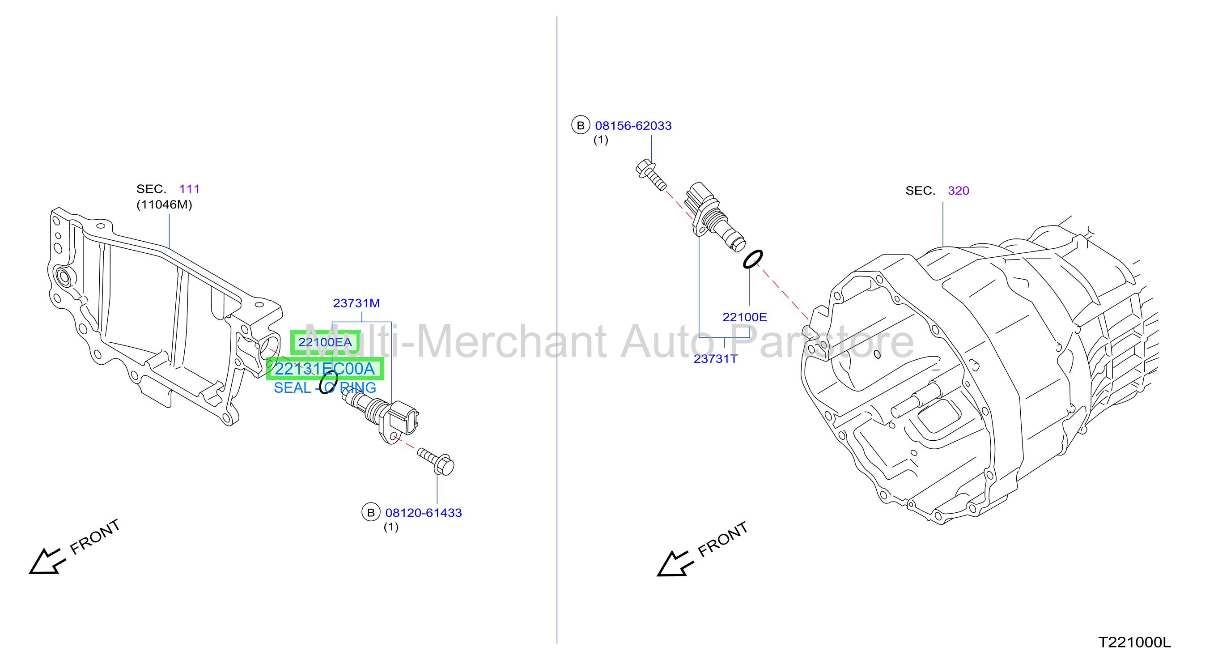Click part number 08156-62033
point(633,126)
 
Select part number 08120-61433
point(423,513)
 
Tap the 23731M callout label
point(356,303)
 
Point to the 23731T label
point(715,359)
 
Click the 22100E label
point(745,317)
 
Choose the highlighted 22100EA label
point(325,342)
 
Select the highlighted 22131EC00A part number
point(325,369)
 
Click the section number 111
point(190,189)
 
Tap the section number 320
point(959,191)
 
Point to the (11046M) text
point(164,205)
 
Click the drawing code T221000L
point(1134,642)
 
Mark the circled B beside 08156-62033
point(581,125)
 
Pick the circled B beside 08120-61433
point(371,512)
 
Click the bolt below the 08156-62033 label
point(651,175)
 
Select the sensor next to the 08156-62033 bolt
point(714,217)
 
